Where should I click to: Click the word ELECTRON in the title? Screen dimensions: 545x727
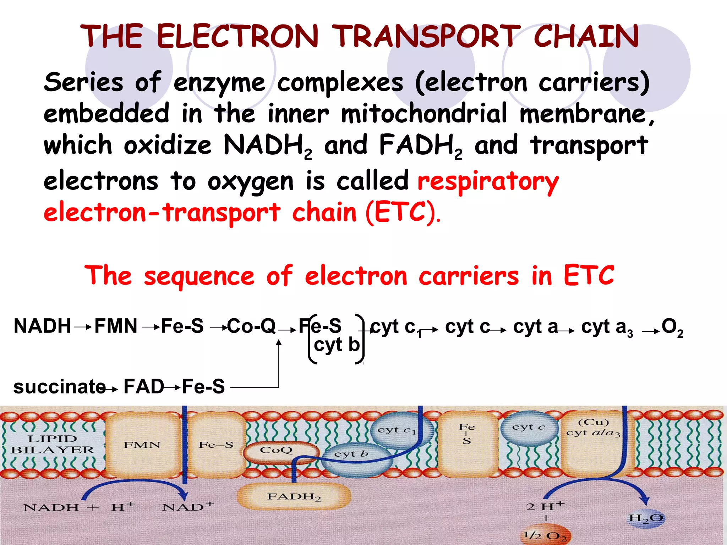pyautogui.click(x=237, y=37)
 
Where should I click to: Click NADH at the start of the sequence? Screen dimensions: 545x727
pyautogui.click(x=42, y=326)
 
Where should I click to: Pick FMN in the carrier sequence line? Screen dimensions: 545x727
pyautogui.click(x=116, y=326)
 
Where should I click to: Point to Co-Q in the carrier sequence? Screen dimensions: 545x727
pyautogui.click(x=251, y=326)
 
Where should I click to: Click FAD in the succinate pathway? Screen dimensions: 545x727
pyautogui.click(x=143, y=386)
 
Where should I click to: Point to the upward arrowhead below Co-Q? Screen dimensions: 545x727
pyautogui.click(x=279, y=342)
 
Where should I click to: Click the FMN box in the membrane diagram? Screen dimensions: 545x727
pyautogui.click(x=142, y=445)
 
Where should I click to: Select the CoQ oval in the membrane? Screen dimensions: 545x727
pyautogui.click(x=276, y=451)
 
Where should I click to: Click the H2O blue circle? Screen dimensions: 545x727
pyautogui.click(x=645, y=518)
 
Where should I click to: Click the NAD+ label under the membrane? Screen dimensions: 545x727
pyautogui.click(x=188, y=507)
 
